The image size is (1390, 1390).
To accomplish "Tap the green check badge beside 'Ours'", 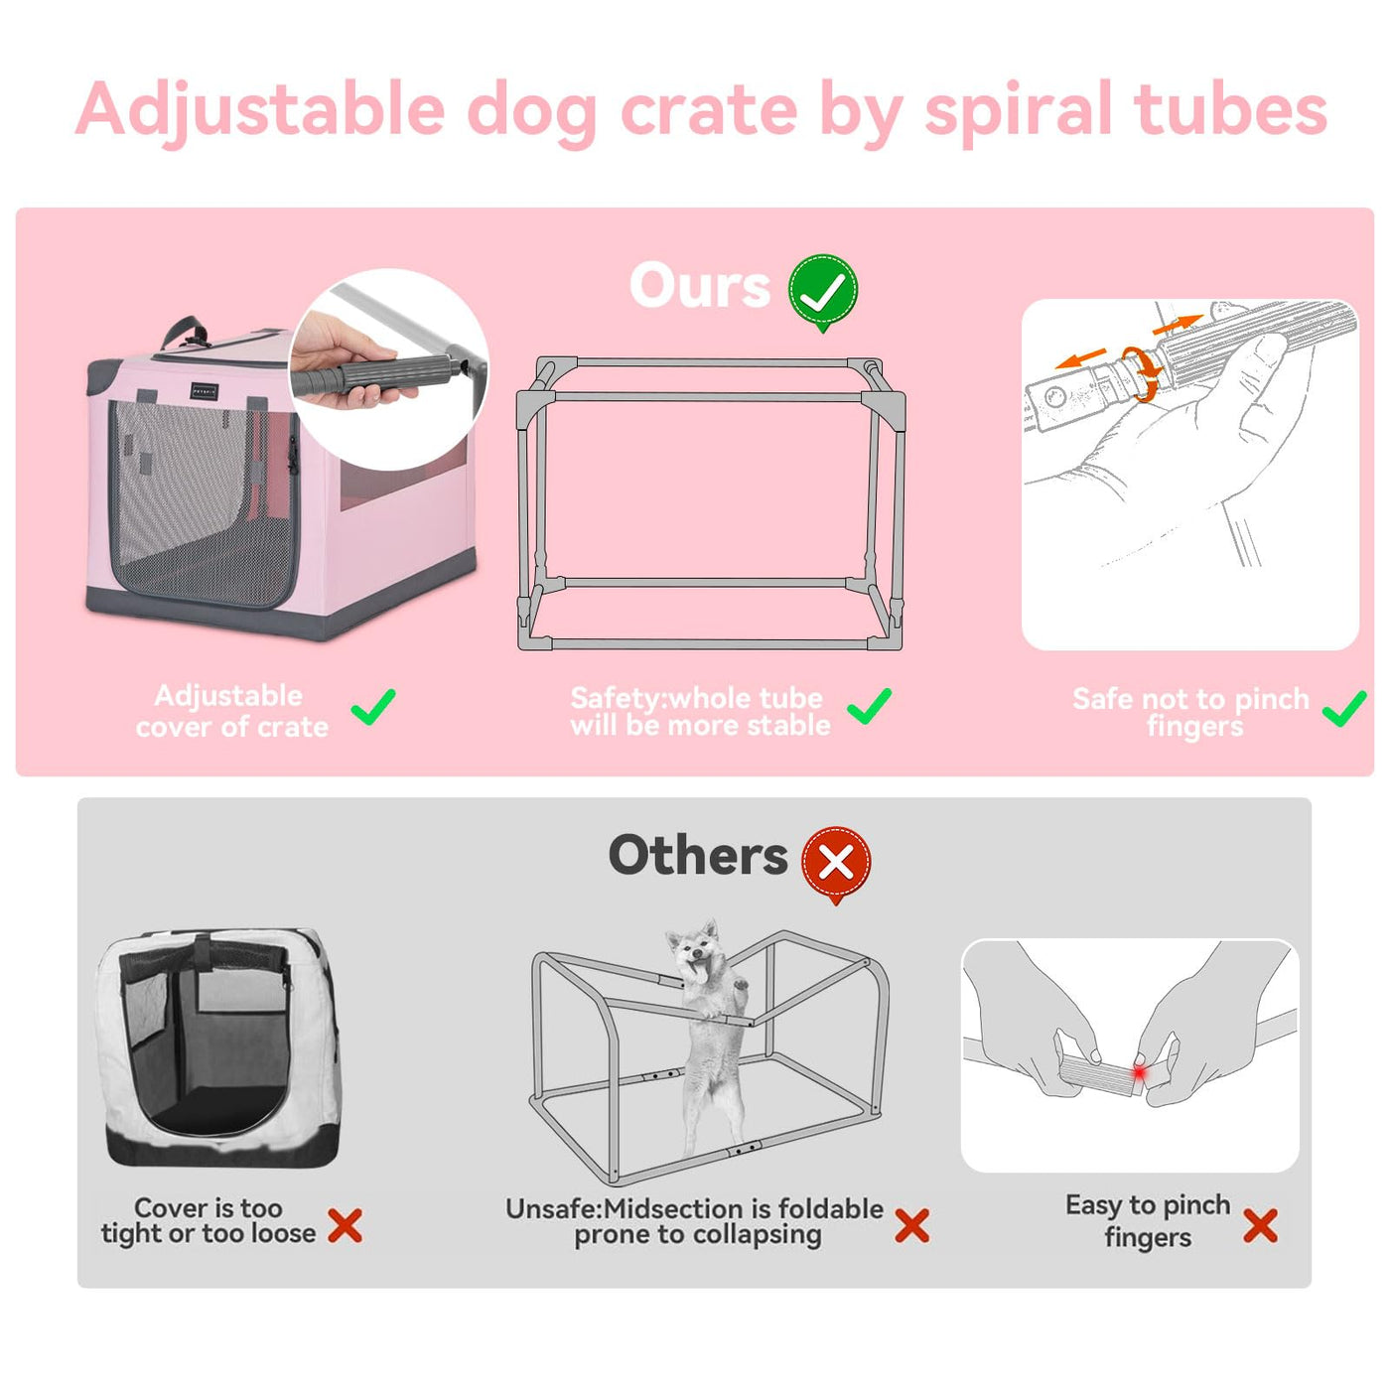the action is click(822, 292).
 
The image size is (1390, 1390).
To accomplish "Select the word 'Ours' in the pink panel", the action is click(700, 286).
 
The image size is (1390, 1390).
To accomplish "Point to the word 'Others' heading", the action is click(698, 856).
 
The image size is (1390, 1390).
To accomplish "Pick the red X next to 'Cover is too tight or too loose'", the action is click(346, 1225).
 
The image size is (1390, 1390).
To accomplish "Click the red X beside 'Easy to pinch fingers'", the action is click(1260, 1225).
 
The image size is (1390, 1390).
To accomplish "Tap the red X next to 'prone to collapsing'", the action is click(911, 1225).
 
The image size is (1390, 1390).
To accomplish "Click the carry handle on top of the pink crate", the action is click(186, 331).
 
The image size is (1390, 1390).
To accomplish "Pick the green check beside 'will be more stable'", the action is click(869, 706).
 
